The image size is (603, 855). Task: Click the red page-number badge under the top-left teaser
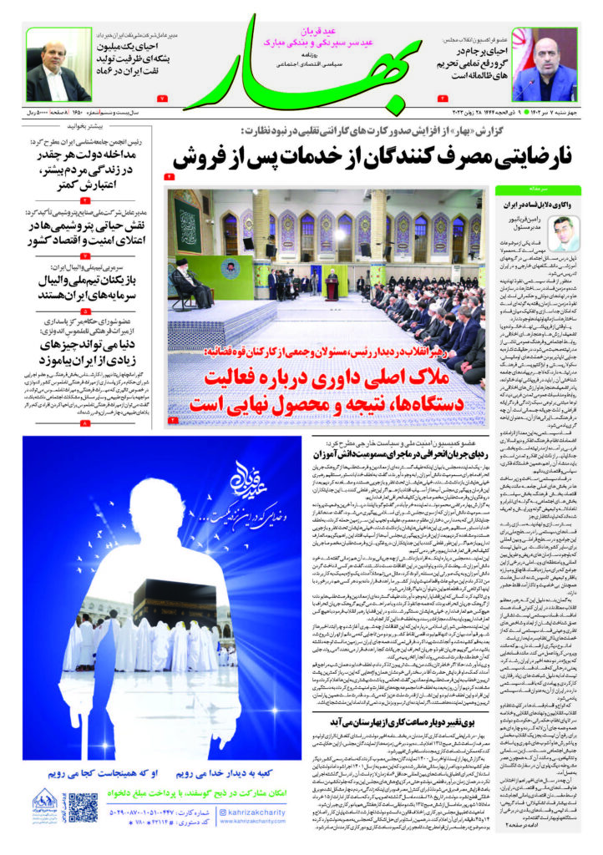pos(162,99)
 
